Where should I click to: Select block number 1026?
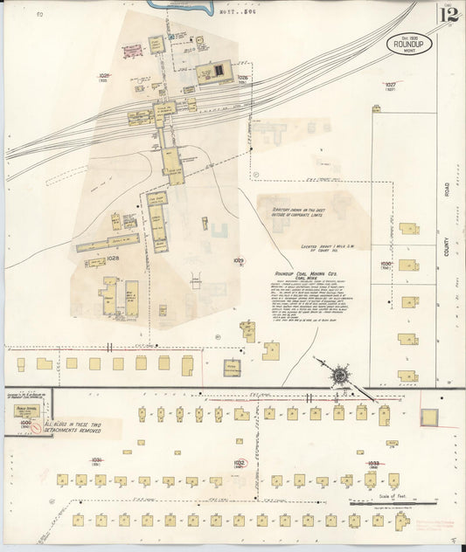click(243, 78)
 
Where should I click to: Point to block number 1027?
click(391, 86)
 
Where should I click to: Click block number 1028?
click(113, 259)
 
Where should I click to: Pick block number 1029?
click(239, 260)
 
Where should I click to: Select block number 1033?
click(373, 463)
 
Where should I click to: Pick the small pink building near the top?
click(133, 50)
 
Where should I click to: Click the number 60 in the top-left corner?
click(40, 15)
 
